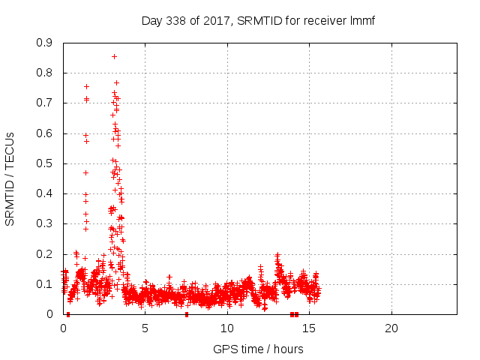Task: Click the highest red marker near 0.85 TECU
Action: click(114, 56)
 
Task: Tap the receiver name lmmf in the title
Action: click(361, 20)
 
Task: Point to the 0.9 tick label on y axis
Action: click(44, 43)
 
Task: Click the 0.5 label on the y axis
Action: click(44, 163)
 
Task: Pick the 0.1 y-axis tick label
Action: click(44, 284)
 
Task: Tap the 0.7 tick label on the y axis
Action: click(44, 103)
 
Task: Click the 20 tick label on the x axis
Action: click(391, 328)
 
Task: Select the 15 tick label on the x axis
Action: click(309, 328)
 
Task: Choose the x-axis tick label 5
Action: click(145, 328)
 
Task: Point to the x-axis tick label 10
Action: click(226, 328)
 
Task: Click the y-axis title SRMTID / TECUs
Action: click(10, 178)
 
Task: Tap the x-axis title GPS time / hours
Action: click(258, 349)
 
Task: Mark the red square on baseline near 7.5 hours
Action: click(187, 314)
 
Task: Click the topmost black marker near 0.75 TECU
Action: click(86, 86)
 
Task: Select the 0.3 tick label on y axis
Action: click(44, 223)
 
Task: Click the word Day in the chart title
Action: click(152, 20)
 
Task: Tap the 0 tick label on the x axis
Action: click(63, 328)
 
